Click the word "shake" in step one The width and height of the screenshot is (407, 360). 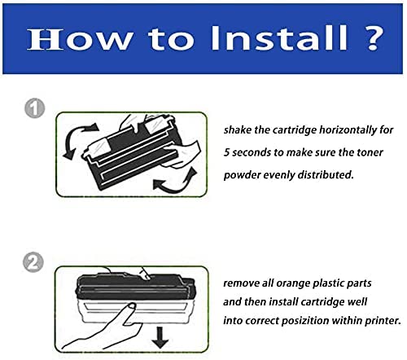pyautogui.click(x=240, y=130)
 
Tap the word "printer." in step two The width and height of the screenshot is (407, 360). pyautogui.click(x=382, y=320)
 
